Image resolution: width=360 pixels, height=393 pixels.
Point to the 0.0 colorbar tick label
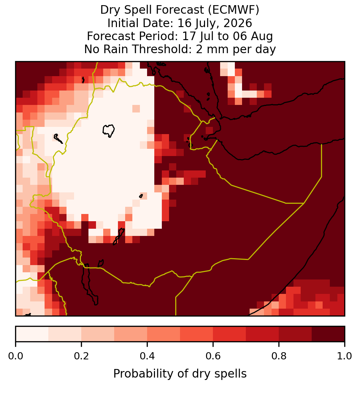tap(15, 356)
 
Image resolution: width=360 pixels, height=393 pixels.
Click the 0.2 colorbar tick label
tap(81, 356)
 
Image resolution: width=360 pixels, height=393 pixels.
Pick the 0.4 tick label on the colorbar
tap(147, 356)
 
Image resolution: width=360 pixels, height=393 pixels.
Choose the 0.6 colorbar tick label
tap(213, 356)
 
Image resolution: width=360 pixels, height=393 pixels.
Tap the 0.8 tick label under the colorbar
tap(279, 356)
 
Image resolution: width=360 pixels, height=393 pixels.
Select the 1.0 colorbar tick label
tap(345, 356)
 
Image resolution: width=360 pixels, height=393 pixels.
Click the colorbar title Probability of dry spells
tap(180, 374)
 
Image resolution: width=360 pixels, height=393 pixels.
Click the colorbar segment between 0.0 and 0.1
tap(32, 334)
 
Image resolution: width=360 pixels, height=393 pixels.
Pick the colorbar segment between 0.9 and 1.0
tap(328, 334)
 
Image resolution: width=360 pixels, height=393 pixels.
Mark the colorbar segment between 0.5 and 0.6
tap(197, 334)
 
